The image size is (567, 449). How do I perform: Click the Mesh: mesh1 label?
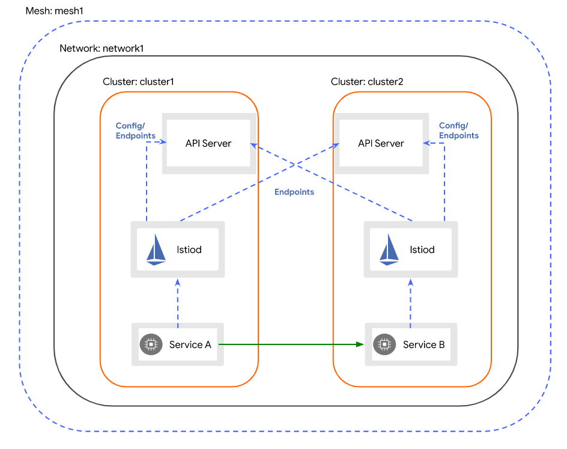[x=55, y=11]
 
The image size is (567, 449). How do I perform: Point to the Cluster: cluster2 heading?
[x=367, y=82]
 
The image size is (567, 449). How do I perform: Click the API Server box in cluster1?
[x=208, y=144]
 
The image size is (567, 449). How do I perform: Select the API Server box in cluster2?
[x=381, y=144]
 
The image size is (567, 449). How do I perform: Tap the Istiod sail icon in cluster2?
[x=389, y=249]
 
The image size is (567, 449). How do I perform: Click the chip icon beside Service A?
[x=150, y=344]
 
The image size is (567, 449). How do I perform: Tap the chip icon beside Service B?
[x=383, y=344]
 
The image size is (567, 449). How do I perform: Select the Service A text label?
[x=190, y=344]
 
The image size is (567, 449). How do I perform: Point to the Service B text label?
[x=423, y=344]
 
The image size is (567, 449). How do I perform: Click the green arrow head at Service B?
[x=360, y=344]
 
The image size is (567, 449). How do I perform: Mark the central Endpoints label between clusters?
[x=294, y=192]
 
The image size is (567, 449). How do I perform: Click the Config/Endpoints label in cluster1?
[x=135, y=131]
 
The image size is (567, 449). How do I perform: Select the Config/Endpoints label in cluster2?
[x=458, y=131]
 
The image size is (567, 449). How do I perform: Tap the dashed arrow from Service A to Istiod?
[x=178, y=304]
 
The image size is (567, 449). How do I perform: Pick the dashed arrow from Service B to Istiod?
[x=411, y=304]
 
